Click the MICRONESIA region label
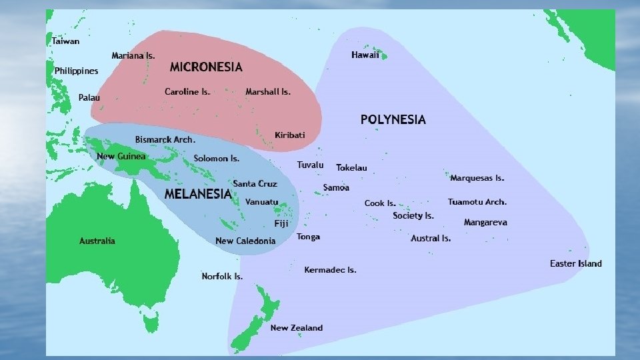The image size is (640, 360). pyautogui.click(x=206, y=67)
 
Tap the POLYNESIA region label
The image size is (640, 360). pyautogui.click(x=393, y=120)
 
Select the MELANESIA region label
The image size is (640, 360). pyautogui.click(x=197, y=194)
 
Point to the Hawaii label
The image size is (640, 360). pyautogui.click(x=365, y=55)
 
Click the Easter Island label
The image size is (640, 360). pyautogui.click(x=575, y=263)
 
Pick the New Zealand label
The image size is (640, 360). pyautogui.click(x=296, y=327)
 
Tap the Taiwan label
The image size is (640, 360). pyautogui.click(x=65, y=41)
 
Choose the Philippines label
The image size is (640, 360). pyautogui.click(x=76, y=71)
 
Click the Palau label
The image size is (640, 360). pyautogui.click(x=89, y=97)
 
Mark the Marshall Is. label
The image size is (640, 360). pyautogui.click(x=268, y=91)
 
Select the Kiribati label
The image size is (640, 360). pyautogui.click(x=289, y=135)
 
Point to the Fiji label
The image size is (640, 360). pyautogui.click(x=281, y=223)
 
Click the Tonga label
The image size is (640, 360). pyautogui.click(x=308, y=237)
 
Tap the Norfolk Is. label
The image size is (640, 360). pyautogui.click(x=222, y=276)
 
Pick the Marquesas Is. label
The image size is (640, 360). pyautogui.click(x=477, y=178)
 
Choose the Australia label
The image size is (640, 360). pyautogui.click(x=97, y=241)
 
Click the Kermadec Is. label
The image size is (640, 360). pyautogui.click(x=330, y=270)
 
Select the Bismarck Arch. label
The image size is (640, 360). pyautogui.click(x=165, y=140)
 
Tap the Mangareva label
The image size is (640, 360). pyautogui.click(x=485, y=222)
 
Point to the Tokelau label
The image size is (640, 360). pyautogui.click(x=351, y=167)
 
